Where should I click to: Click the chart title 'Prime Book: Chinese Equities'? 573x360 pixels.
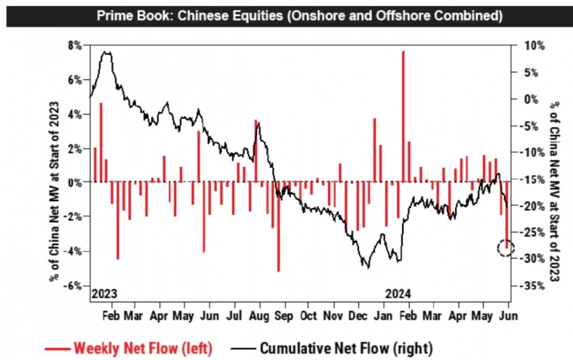286,14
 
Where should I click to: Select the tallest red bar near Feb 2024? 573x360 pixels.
404,113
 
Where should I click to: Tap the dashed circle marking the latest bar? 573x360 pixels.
506,247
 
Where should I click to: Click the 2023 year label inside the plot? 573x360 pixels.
105,293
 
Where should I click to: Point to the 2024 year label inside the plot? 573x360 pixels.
399,293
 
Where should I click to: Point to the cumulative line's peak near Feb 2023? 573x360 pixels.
106,52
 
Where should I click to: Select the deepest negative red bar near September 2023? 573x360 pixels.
278,227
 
